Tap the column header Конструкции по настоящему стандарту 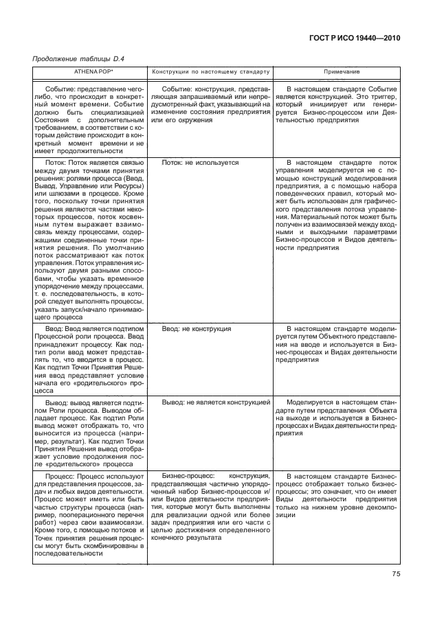pos(211,72)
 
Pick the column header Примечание pos(337,72)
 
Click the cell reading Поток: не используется pos(200,163)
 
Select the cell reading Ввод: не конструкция pos(196,329)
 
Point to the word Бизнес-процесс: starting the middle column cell pos(188,476)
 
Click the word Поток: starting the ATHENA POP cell pos(55,163)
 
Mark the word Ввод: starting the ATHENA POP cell pos(54,329)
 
